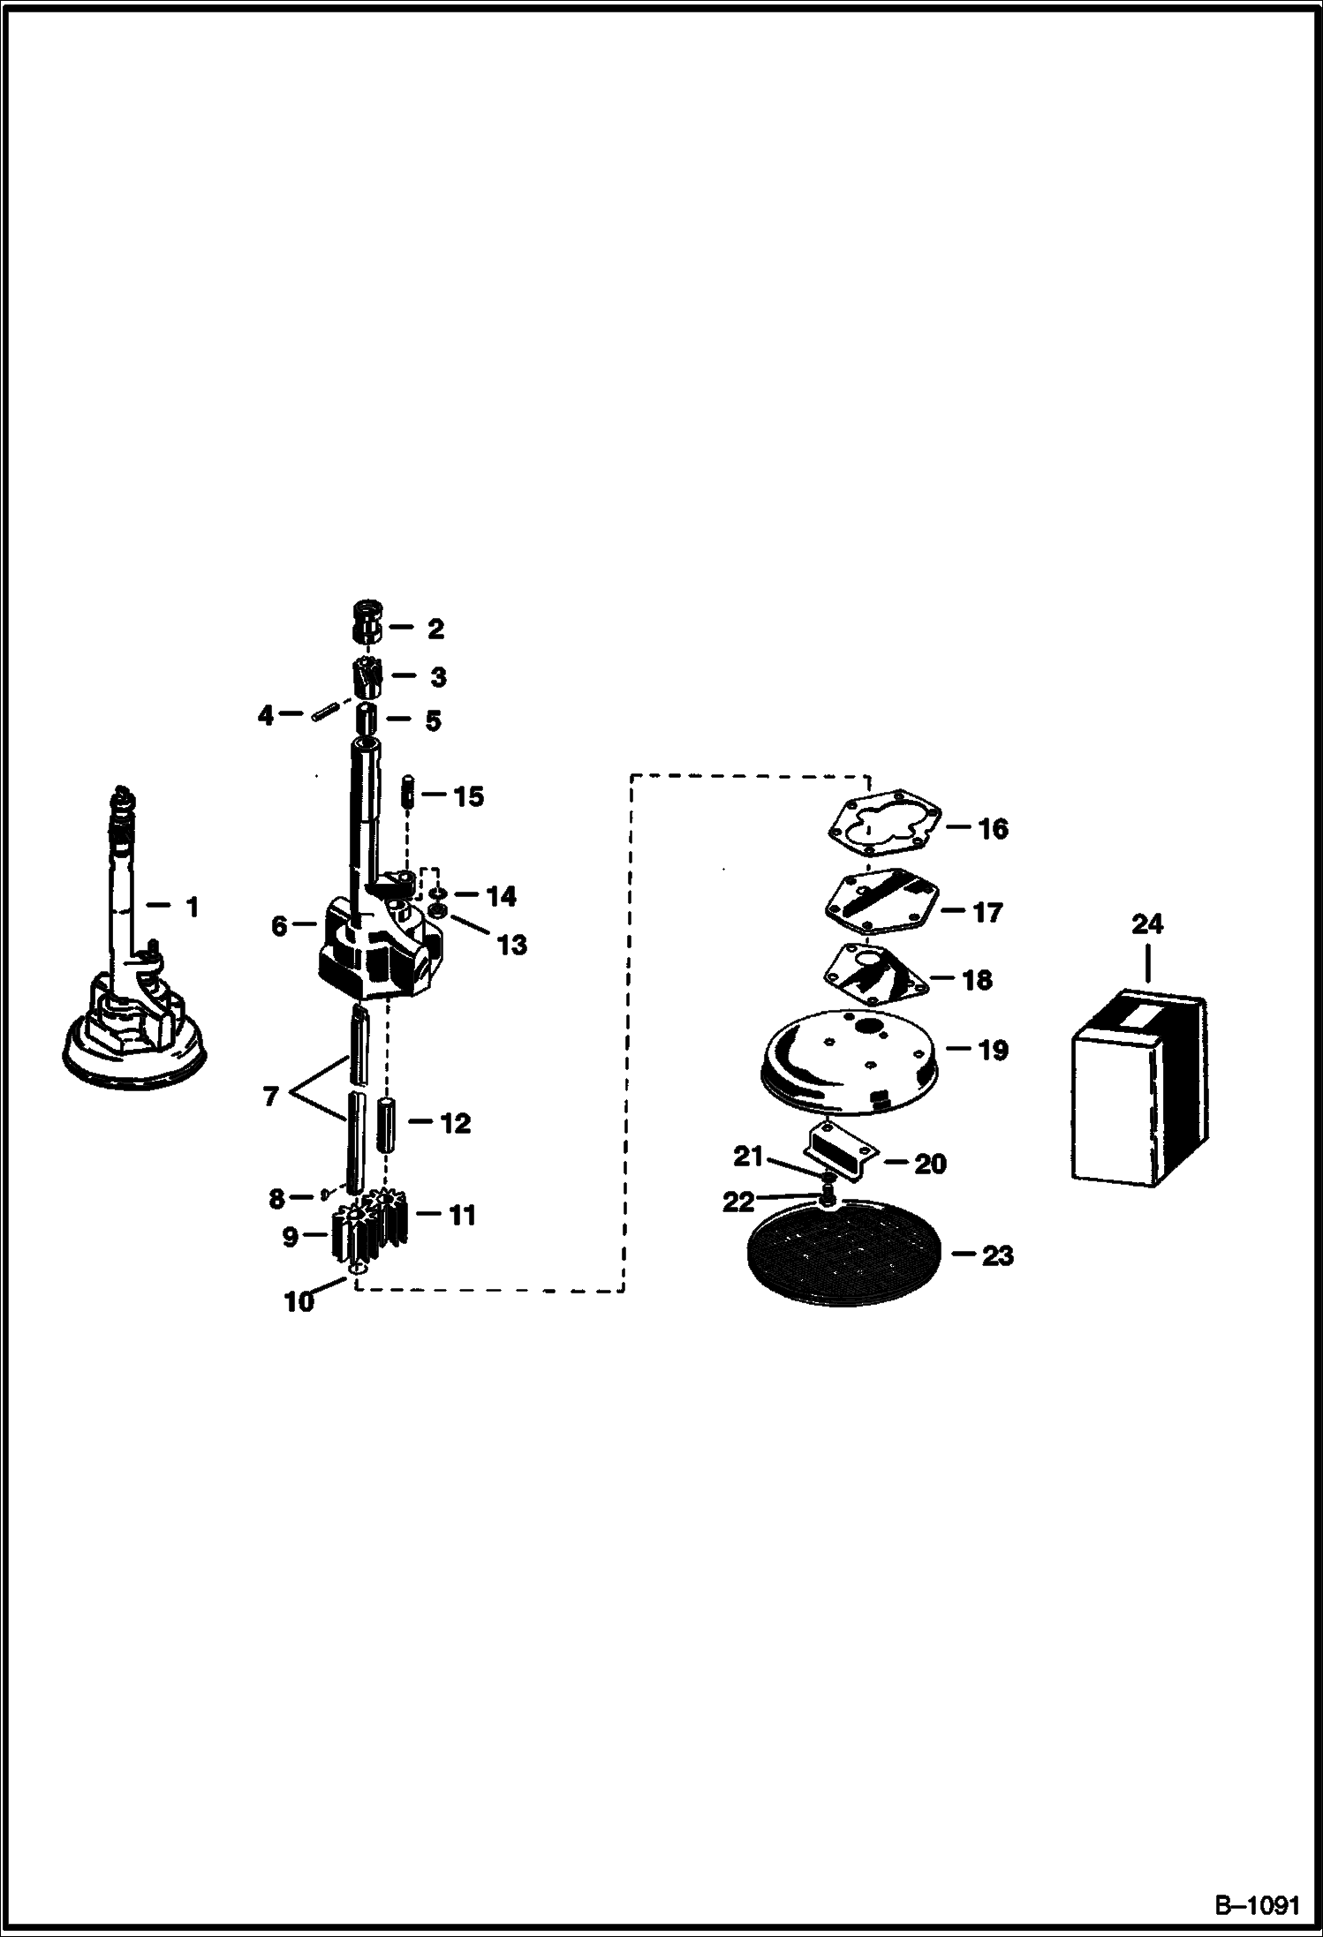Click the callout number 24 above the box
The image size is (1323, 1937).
[x=1147, y=924]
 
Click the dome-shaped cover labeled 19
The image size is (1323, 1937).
[x=844, y=1066]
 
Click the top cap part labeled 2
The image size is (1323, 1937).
[x=367, y=622]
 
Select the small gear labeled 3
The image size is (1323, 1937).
[x=368, y=677]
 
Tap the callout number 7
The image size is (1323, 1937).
[x=271, y=1097]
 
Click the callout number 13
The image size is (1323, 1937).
[x=511, y=945]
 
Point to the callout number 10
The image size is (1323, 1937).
[x=299, y=1301]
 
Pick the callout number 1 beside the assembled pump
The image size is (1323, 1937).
[x=193, y=907]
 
